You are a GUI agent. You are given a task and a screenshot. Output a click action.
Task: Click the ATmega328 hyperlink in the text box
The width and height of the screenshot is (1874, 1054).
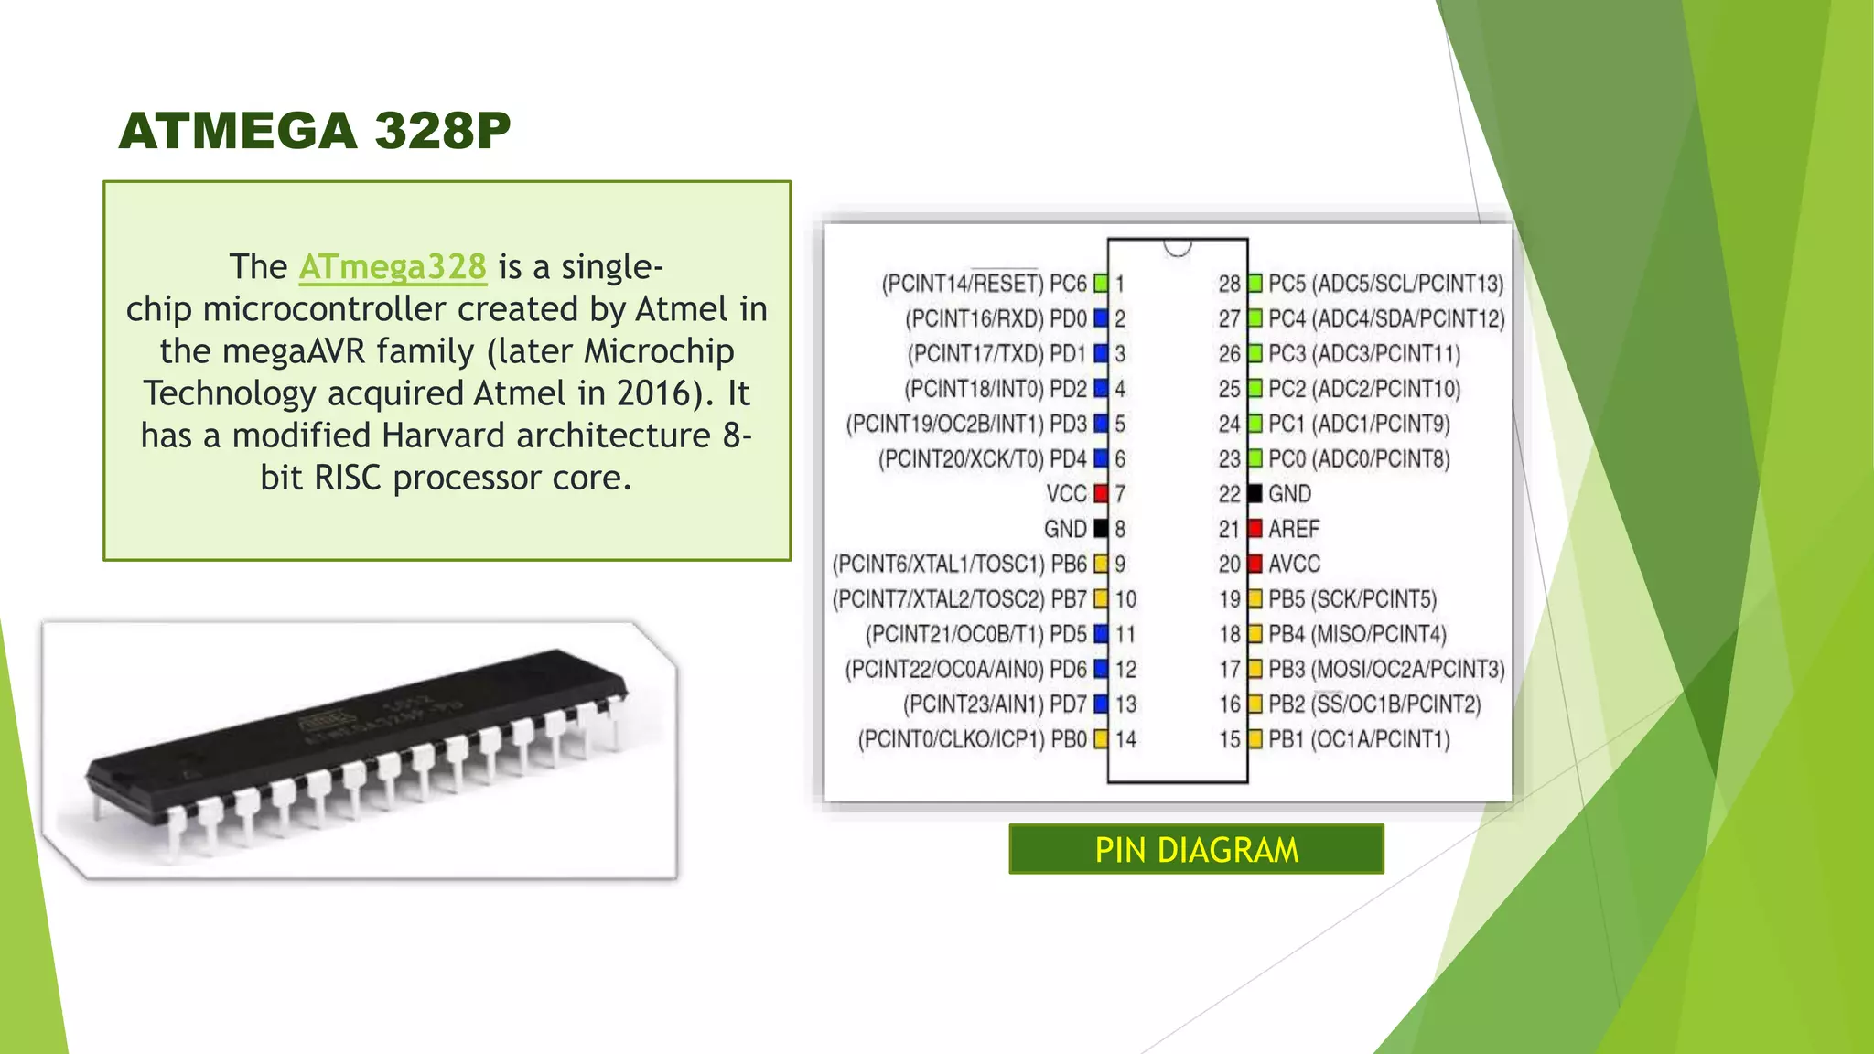coord(393,267)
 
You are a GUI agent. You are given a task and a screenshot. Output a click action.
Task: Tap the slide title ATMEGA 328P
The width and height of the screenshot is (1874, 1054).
coord(315,130)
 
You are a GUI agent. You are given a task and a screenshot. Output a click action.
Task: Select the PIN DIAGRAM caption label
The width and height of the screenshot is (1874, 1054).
coord(1196,850)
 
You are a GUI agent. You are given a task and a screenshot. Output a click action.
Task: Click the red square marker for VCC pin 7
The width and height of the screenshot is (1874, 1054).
coord(1101,494)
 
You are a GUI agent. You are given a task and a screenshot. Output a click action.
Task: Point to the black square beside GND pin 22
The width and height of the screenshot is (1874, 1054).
coord(1255,494)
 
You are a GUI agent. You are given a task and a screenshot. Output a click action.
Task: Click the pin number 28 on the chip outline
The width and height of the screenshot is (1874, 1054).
coord(1229,284)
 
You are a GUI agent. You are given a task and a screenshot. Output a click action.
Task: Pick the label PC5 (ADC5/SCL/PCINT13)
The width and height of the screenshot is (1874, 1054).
coord(1385,284)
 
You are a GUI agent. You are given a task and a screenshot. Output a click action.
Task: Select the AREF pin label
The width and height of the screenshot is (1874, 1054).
coord(1293,529)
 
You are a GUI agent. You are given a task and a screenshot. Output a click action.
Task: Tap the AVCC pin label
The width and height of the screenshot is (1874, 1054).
coord(1294,564)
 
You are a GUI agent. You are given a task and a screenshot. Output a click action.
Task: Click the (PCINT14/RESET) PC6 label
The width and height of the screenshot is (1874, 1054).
coord(984,284)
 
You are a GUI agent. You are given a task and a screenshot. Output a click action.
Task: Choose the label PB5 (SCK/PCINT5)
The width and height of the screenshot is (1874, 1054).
coord(1352,599)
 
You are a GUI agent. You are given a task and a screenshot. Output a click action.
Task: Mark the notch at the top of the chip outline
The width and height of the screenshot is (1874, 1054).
coord(1178,247)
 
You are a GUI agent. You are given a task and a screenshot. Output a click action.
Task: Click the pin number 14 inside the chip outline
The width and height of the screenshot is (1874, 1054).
coord(1125,739)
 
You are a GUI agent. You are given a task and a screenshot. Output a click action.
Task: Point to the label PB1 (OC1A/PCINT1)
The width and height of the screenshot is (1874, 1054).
coord(1359,739)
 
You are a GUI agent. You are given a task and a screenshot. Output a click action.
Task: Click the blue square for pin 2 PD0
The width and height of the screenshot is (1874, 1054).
coord(1101,318)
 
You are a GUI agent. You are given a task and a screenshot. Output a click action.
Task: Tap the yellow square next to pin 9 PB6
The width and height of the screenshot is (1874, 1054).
coord(1101,564)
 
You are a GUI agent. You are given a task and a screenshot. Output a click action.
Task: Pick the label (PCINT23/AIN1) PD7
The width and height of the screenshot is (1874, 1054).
coord(995,704)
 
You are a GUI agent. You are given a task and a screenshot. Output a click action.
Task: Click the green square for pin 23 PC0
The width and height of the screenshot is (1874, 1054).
coord(1255,458)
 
